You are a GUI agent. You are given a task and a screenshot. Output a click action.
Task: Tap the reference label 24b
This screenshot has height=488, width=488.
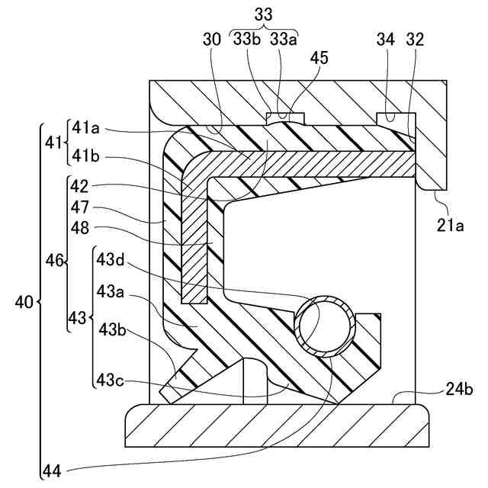coord(459,390)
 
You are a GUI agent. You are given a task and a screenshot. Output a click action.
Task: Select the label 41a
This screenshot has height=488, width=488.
coord(86,129)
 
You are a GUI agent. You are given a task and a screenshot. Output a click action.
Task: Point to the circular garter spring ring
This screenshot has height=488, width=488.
coord(326,326)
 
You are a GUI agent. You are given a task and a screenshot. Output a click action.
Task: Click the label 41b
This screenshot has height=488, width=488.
coord(86,157)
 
